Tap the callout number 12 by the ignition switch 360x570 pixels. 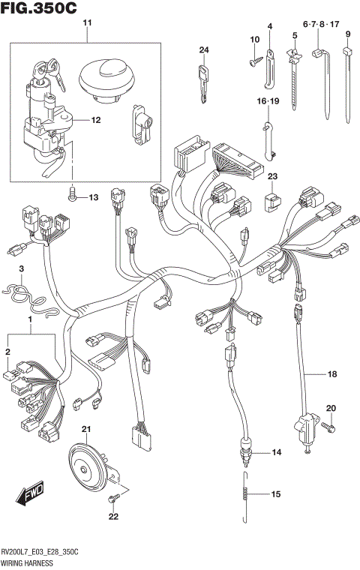pyautogui.click(x=96, y=120)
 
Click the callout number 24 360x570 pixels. pyautogui.click(x=202, y=50)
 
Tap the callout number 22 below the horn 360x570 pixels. pyautogui.click(x=113, y=516)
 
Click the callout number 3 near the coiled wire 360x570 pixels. pyautogui.click(x=22, y=268)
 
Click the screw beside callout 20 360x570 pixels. pyautogui.click(x=325, y=426)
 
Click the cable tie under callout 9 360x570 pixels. pyautogui.click(x=349, y=82)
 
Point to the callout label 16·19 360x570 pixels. pyautogui.click(x=268, y=100)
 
